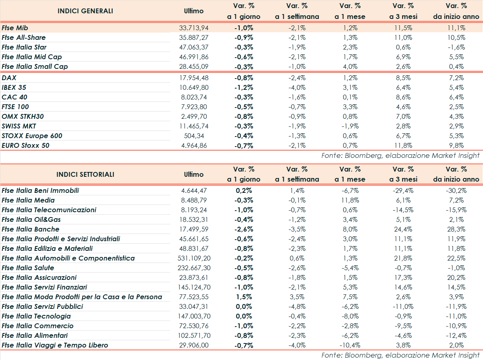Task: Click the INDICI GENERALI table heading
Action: [x=85, y=11]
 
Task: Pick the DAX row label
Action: [x=9, y=78]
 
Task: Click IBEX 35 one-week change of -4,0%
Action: [x=297, y=87]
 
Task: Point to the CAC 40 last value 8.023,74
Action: [x=194, y=97]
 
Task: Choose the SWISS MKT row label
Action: [x=19, y=126]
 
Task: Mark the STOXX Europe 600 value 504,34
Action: [x=194, y=136]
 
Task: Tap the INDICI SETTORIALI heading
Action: [x=85, y=174]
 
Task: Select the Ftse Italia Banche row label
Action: [x=31, y=229]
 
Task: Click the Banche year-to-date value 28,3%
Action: [x=456, y=229]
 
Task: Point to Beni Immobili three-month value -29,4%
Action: [x=403, y=190]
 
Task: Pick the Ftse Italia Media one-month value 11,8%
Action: [x=350, y=200]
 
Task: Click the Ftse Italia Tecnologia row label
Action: [x=36, y=316]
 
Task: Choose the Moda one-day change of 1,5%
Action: [x=244, y=297]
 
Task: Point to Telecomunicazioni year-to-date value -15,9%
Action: [x=456, y=210]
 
